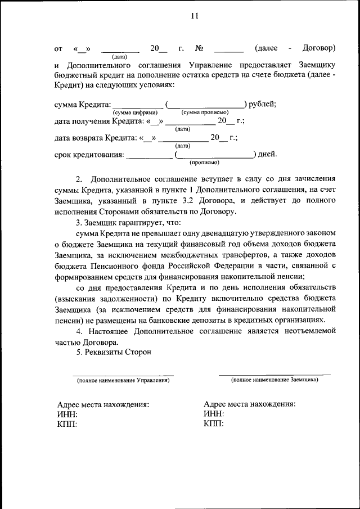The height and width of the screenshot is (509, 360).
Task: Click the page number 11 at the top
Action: coord(194,16)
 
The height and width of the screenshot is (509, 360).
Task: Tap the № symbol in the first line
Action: coord(199,48)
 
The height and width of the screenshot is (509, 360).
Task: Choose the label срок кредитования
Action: coord(89,154)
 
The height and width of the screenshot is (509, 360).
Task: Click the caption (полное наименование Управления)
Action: coord(123,381)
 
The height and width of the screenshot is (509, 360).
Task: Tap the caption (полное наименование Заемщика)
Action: coord(274,380)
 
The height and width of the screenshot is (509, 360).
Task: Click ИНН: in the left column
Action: coord(67,414)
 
